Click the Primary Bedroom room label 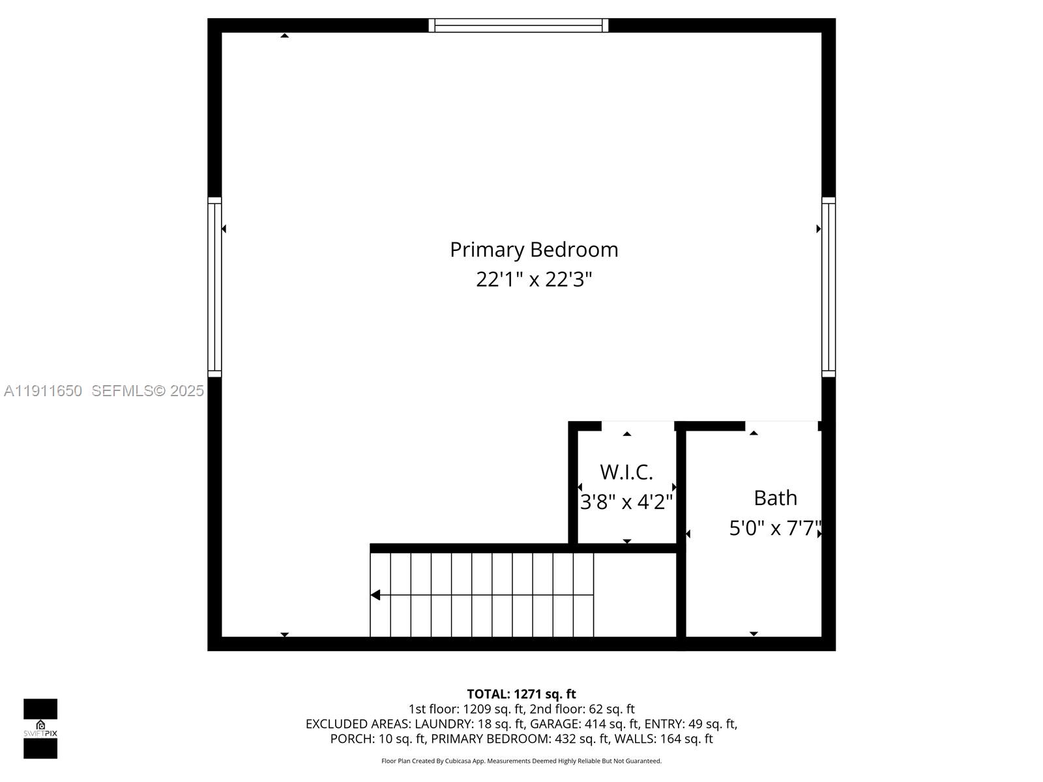coord(534,250)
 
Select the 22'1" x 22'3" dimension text coord(534,280)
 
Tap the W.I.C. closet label coord(626,472)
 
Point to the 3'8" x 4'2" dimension coord(626,502)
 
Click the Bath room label coord(775,498)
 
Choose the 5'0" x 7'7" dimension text coord(775,528)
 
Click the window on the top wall coord(518,25)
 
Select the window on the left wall coord(214,287)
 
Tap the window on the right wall coord(829,287)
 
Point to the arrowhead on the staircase coord(375,595)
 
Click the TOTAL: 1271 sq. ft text coord(521,694)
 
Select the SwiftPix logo coord(40,729)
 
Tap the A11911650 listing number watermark coord(43,391)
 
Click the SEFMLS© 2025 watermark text coord(147,391)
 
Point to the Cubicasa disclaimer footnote coord(521,761)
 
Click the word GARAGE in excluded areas coord(551,724)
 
